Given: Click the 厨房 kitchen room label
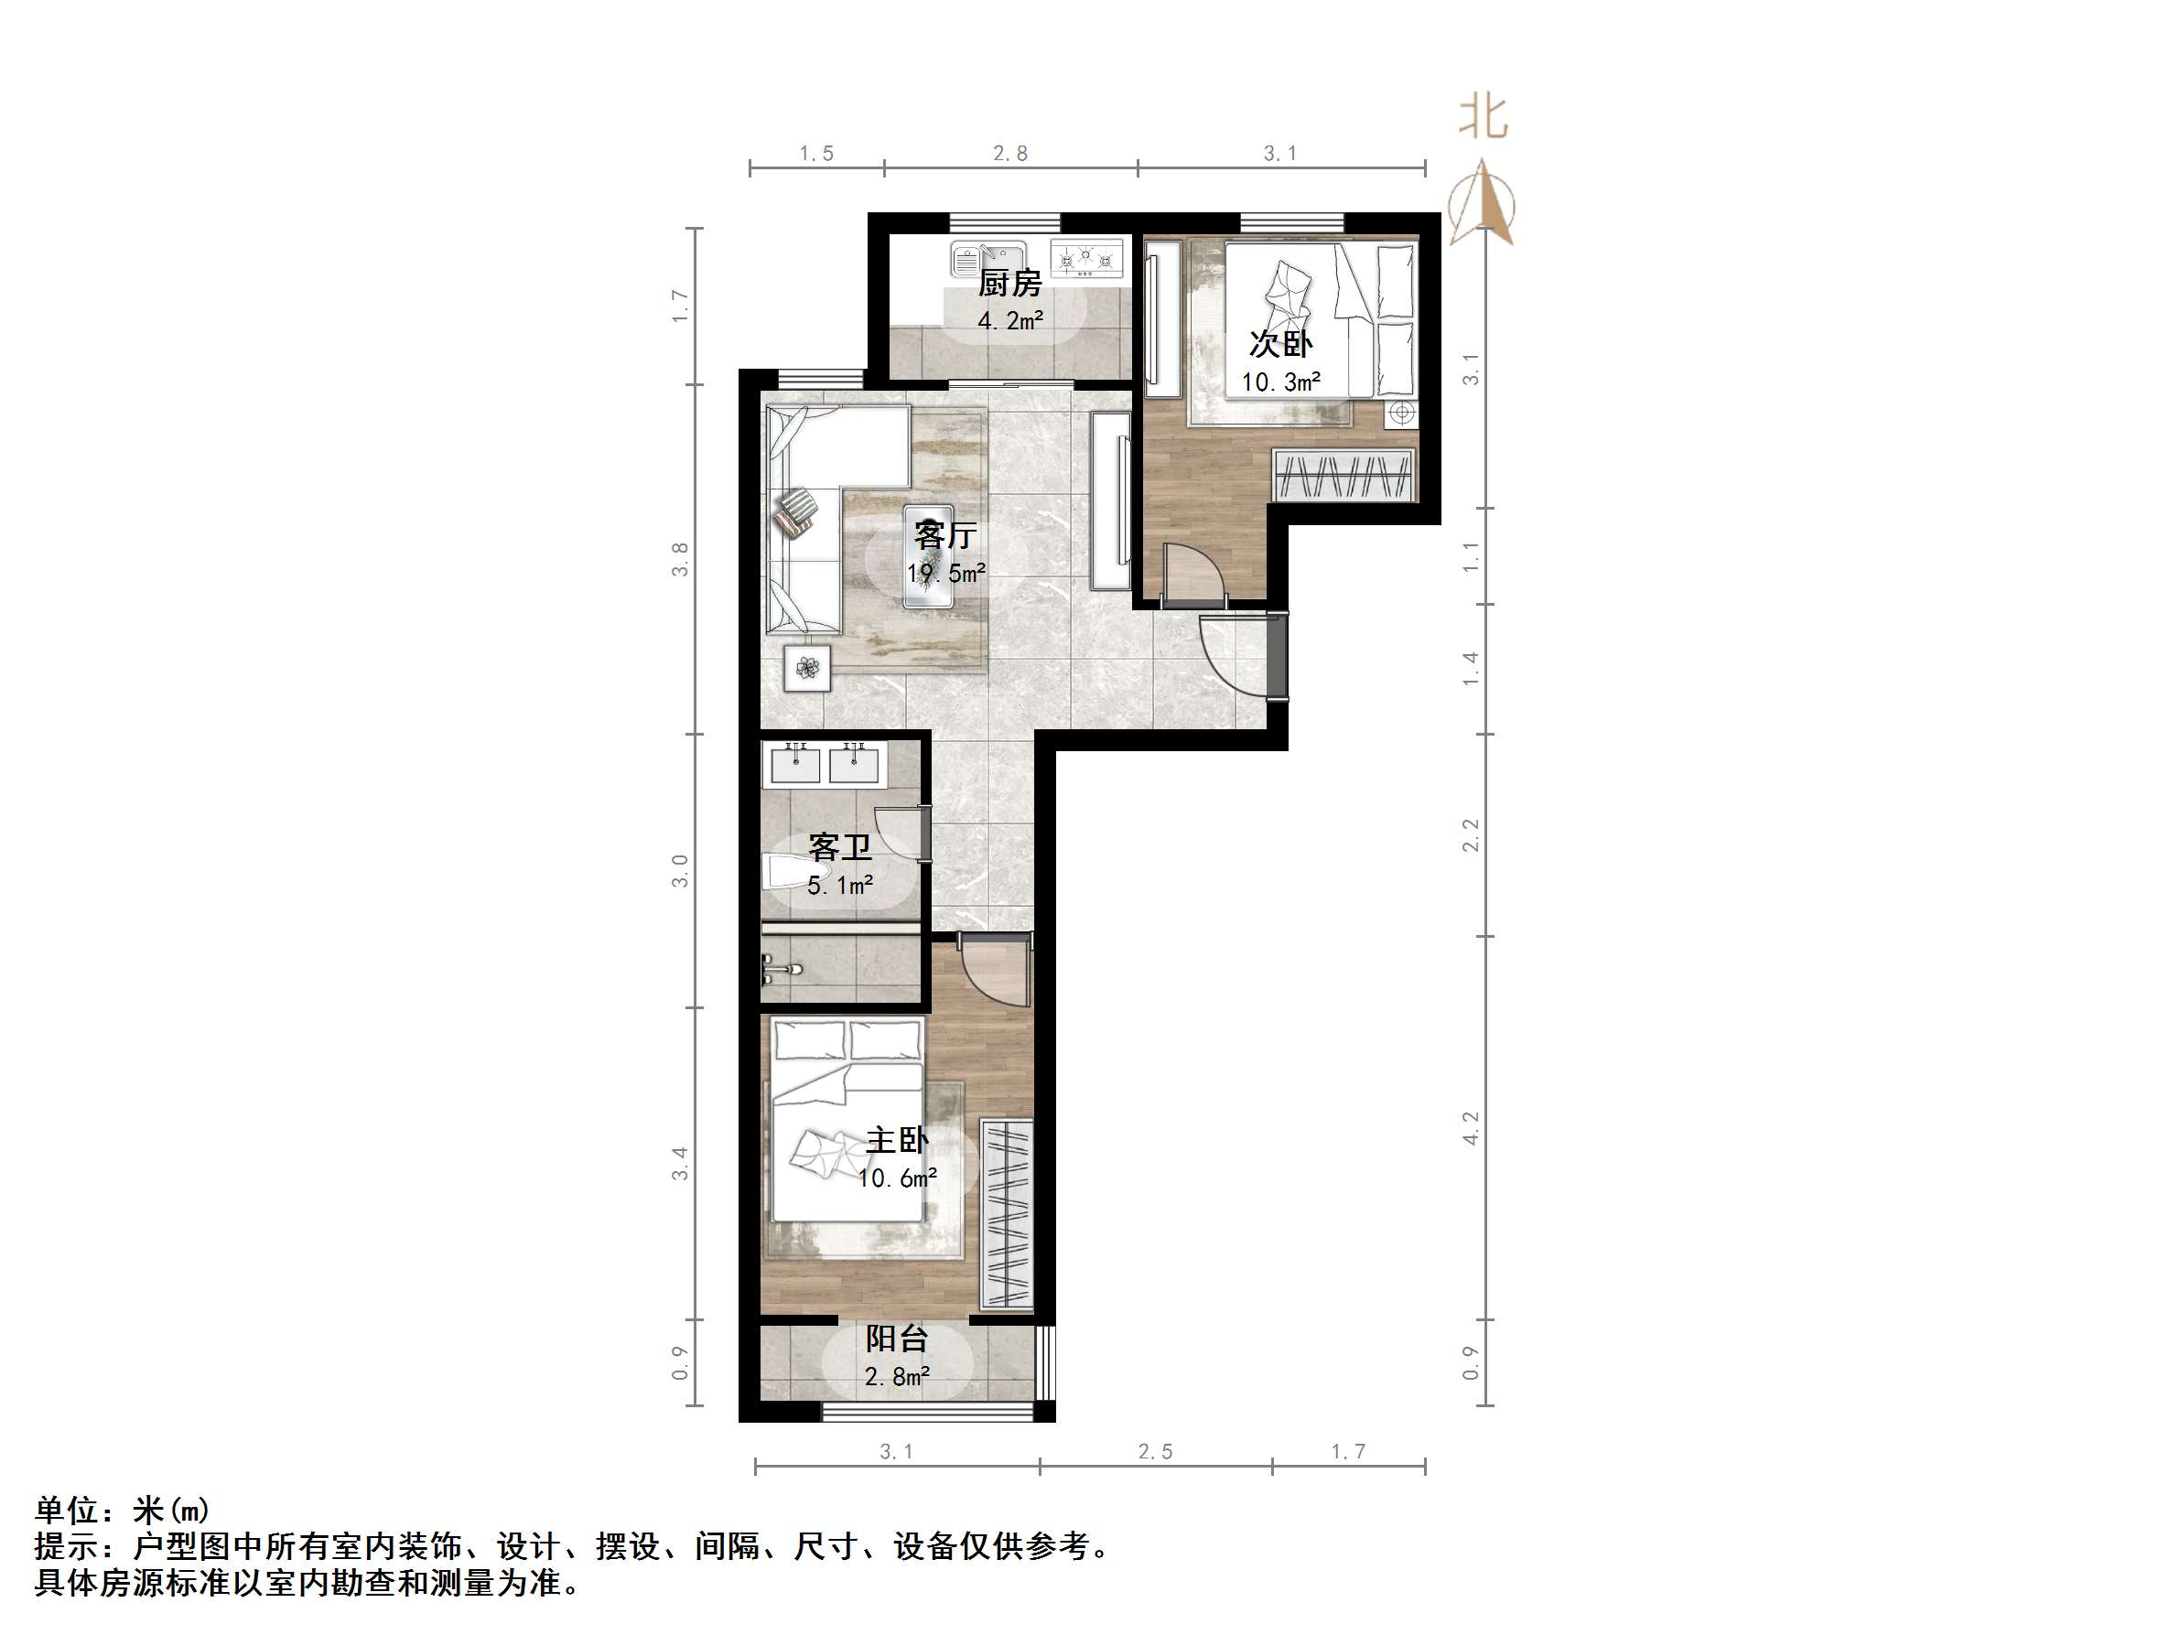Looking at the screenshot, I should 1009,284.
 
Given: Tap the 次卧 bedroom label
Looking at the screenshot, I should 1280,344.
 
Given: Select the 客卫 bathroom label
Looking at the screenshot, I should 839,846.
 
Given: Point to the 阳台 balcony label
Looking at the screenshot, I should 897,1339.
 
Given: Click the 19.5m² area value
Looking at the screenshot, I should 946,573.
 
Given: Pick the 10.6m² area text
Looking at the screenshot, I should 897,1178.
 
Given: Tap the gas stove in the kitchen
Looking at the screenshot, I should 1086,260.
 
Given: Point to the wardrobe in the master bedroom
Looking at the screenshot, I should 1006,1214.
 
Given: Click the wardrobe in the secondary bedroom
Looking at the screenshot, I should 1344,475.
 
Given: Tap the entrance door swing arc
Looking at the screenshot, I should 1232,655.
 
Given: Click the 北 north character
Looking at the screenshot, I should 1484,117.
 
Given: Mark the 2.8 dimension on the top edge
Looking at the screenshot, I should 1010,153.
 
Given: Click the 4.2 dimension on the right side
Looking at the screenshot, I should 1471,1127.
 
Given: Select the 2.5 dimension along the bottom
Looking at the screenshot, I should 1155,1452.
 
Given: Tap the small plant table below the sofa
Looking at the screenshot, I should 807,668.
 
